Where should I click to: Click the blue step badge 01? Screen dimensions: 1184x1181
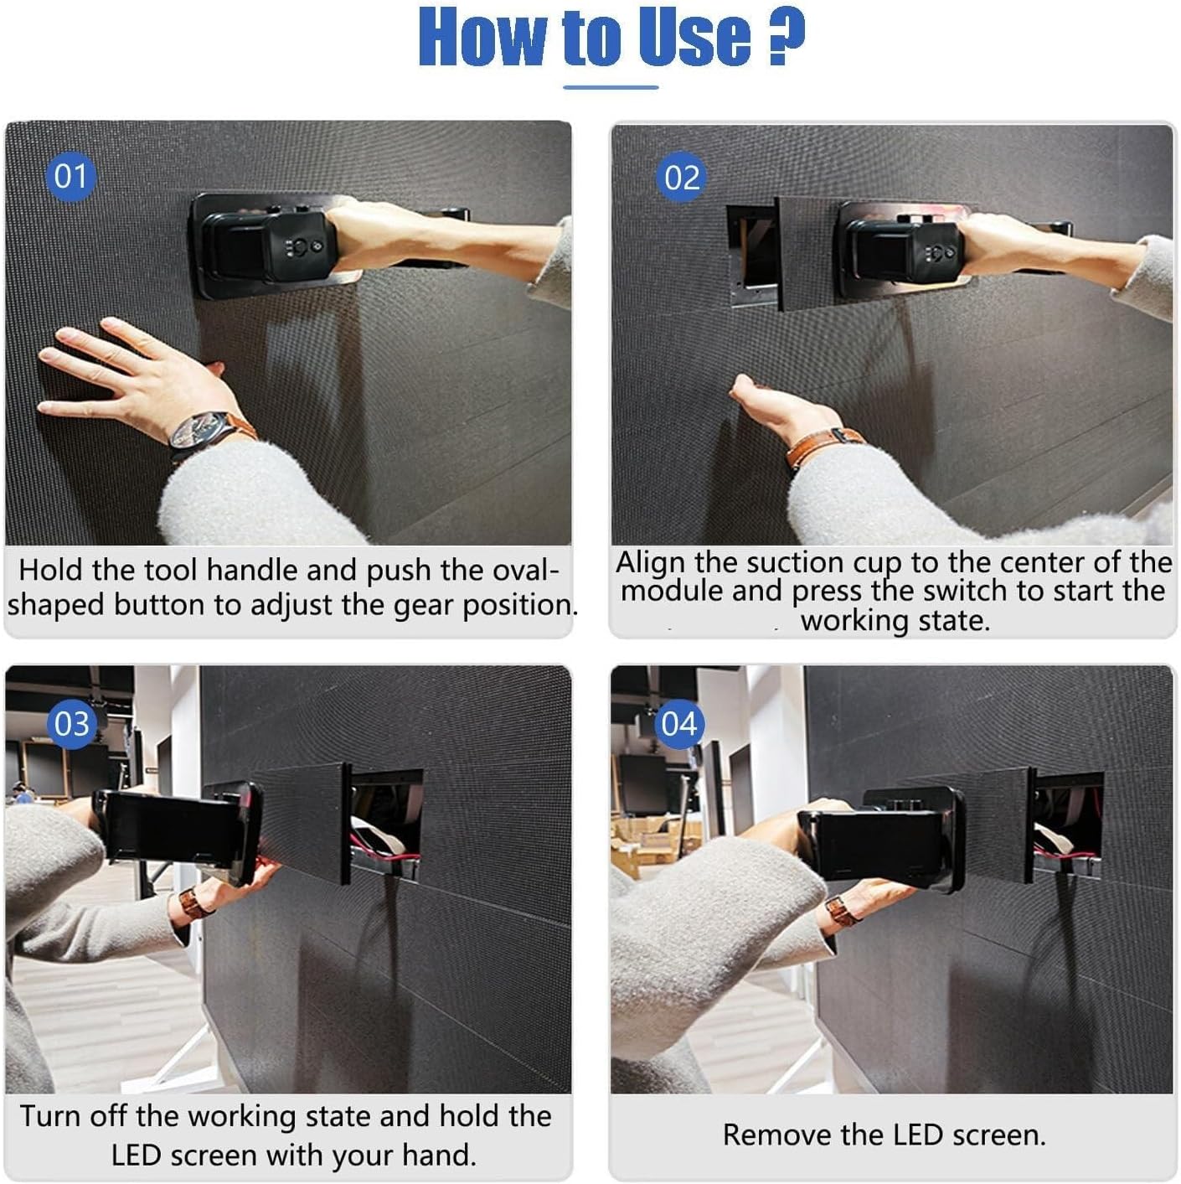click(70, 176)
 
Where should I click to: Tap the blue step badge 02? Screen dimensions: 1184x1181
click(681, 178)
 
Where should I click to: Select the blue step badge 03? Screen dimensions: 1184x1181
click(71, 724)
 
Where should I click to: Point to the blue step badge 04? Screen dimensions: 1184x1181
click(678, 723)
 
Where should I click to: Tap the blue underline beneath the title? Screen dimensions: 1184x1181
click(611, 86)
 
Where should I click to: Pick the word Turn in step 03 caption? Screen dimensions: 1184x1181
click(51, 1116)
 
